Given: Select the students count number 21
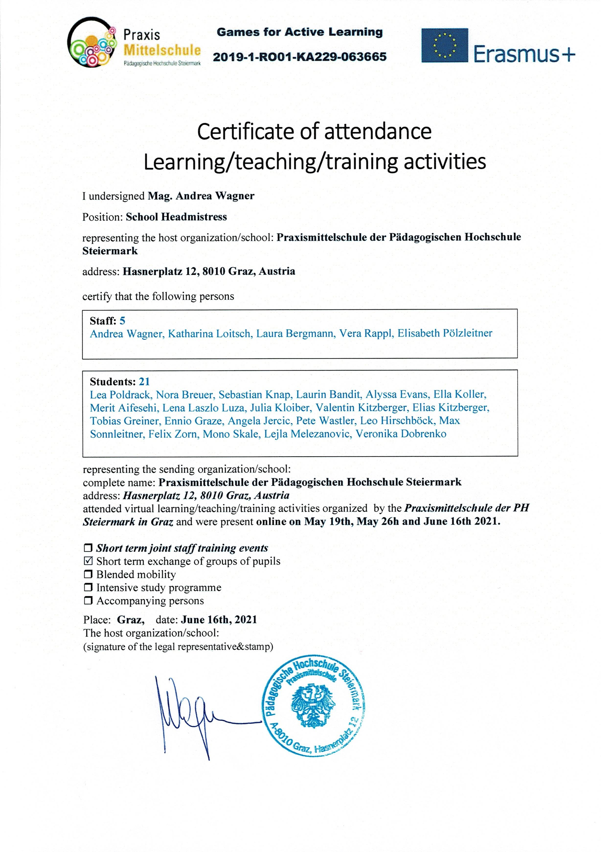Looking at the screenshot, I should pyautogui.click(x=144, y=381).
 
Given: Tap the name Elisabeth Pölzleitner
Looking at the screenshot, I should pyautogui.click(x=445, y=333).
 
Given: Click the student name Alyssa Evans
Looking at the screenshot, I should pyautogui.click(x=397, y=394).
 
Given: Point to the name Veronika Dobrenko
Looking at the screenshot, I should pyautogui.click(x=401, y=434).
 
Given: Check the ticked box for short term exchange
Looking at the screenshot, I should pyautogui.click(x=88, y=561).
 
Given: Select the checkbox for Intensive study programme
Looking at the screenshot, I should pyautogui.click(x=88, y=587).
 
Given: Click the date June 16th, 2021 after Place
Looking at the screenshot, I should pyautogui.click(x=219, y=620).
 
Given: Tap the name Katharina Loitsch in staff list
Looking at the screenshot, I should pyautogui.click(x=209, y=334).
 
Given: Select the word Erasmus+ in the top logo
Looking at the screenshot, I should pyautogui.click(x=524, y=54).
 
